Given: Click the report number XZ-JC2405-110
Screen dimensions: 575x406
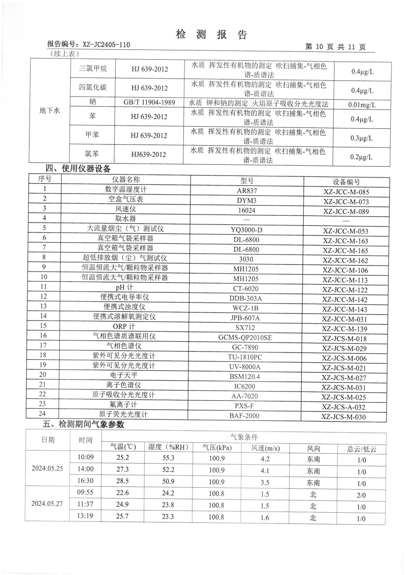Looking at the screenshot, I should [x=106, y=45].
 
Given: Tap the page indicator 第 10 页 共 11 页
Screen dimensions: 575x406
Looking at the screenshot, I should [x=335, y=47].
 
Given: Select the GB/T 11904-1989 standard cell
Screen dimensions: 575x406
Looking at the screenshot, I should [x=149, y=102].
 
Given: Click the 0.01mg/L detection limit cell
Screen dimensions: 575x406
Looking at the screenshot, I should [x=362, y=105].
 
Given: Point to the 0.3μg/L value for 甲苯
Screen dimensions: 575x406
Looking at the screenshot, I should [x=361, y=138].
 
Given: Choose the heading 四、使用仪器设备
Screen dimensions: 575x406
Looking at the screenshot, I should [x=78, y=168].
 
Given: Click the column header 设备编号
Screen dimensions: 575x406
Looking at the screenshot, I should [x=347, y=182].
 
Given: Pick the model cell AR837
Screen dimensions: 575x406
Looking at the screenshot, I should [x=247, y=191].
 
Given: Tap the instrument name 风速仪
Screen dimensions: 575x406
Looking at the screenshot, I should [x=125, y=209].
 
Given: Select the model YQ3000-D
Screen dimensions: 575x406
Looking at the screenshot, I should [x=246, y=230].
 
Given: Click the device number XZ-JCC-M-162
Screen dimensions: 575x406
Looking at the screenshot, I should [x=345, y=260].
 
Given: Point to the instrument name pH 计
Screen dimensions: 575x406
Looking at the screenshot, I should [x=124, y=287].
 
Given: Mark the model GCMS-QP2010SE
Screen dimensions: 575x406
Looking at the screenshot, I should [x=245, y=338].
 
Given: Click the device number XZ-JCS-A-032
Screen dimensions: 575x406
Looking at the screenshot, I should [x=343, y=407].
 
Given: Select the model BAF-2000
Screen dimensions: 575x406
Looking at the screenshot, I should [x=244, y=416].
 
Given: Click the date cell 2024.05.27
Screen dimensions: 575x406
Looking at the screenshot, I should [x=47, y=504].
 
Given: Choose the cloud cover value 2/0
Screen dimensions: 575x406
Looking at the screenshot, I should [x=361, y=495].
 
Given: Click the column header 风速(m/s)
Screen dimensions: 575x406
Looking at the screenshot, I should [x=265, y=448].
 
